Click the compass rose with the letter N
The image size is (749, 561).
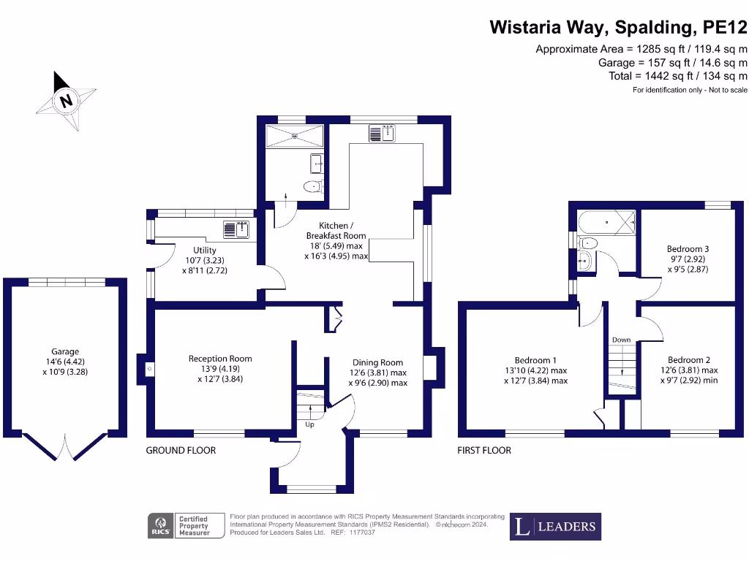pos(66,101)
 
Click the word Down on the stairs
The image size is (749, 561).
pos(621,340)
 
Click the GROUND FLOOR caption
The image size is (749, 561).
pos(181,451)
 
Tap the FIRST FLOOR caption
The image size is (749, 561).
pos(484,451)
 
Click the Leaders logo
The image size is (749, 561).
pos(555,526)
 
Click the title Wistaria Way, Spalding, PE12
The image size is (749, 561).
pos(618,28)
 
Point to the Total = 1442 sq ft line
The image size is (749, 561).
pos(677,76)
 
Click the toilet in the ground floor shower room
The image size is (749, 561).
pos(313,186)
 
